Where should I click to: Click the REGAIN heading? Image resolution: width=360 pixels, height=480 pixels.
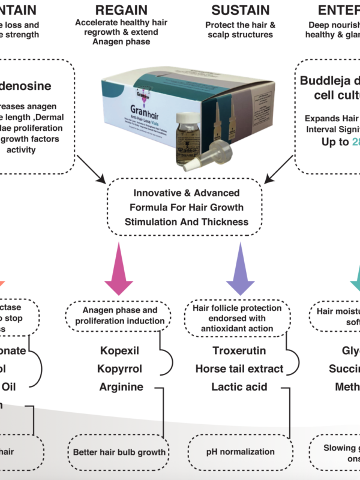pos(122,10)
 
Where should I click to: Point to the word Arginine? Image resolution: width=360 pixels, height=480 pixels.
pos(121,387)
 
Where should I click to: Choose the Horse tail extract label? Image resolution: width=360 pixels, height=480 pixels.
pos(239,368)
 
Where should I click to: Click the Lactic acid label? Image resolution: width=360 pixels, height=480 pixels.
pos(239,387)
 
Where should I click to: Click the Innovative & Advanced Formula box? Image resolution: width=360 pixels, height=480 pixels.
pos(184,208)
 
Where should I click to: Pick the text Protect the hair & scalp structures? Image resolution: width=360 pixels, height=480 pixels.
pos(239,30)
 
